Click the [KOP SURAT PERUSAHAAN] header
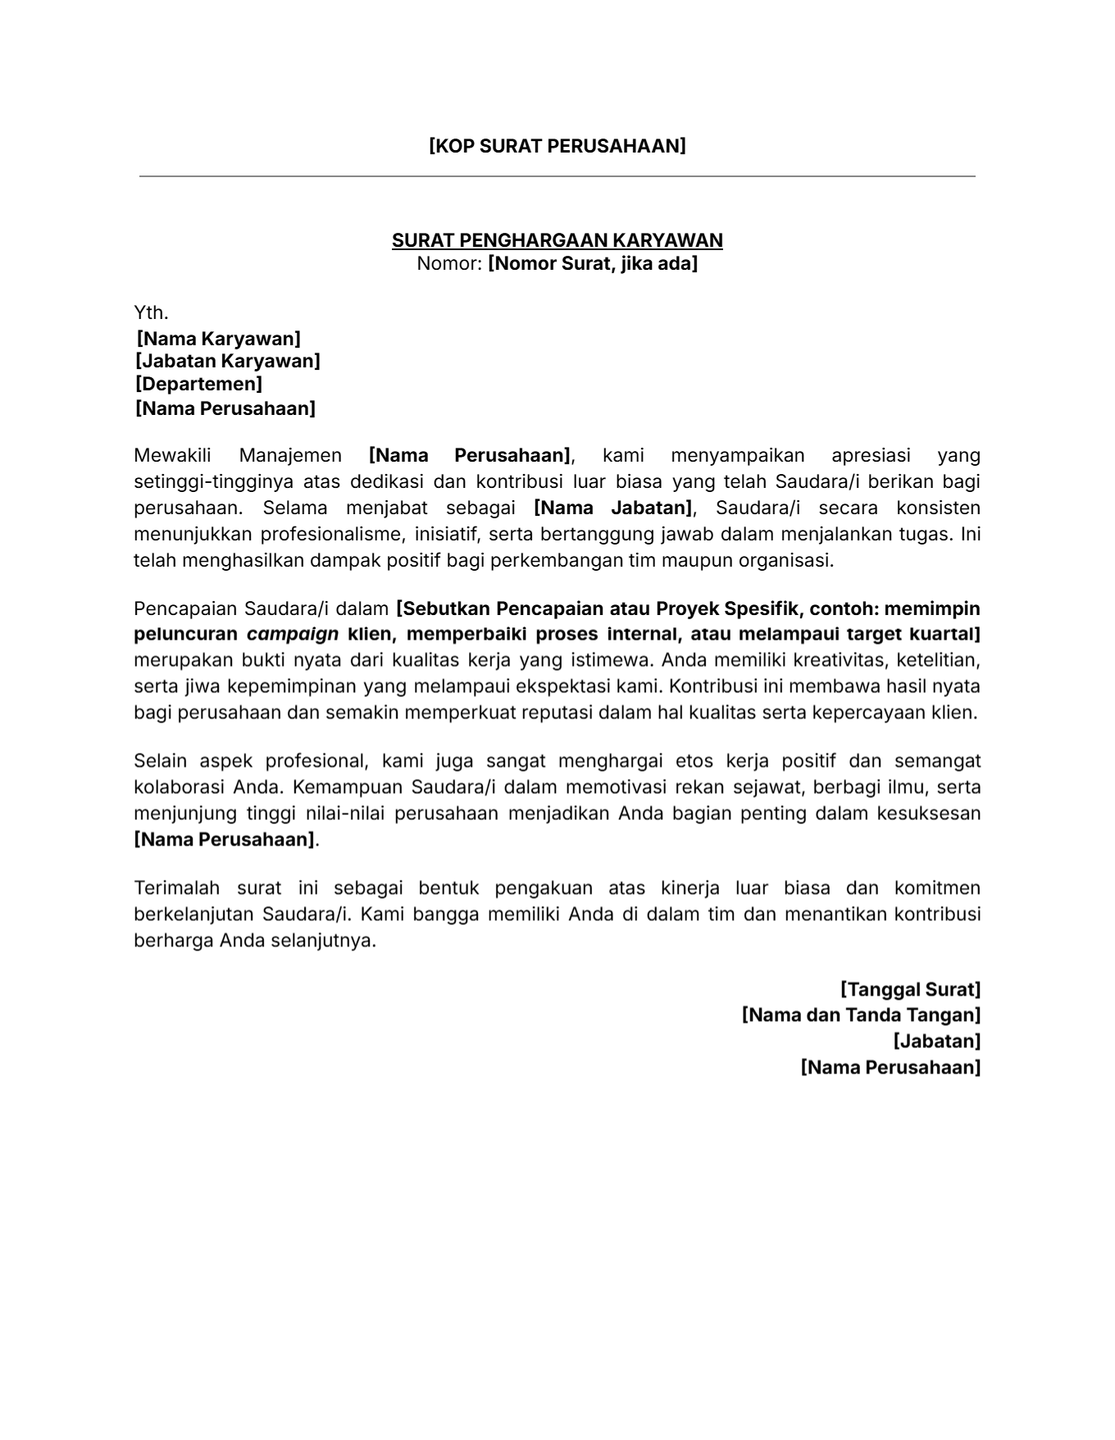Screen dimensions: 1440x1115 tap(557, 146)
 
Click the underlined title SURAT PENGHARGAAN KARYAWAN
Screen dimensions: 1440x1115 tap(557, 240)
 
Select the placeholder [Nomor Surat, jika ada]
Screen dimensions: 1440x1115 tap(592, 264)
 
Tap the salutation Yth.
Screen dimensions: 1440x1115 tap(151, 312)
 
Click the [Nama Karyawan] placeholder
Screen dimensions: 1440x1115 tap(218, 339)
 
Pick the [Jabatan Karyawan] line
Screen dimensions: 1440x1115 tap(228, 362)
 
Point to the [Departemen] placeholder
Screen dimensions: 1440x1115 tap(198, 384)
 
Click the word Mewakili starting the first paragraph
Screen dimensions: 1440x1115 tap(172, 455)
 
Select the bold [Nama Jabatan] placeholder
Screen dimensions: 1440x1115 tap(612, 508)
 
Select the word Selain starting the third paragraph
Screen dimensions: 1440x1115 tap(161, 760)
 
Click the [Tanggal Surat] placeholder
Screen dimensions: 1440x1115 tap(910, 989)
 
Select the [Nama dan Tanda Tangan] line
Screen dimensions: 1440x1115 tap(861, 1015)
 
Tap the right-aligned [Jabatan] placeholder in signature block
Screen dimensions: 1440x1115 tap(936, 1041)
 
